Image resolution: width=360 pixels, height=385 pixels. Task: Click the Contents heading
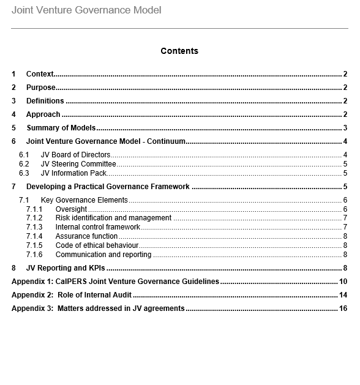(179, 51)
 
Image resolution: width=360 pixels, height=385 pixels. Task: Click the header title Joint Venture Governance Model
(86, 10)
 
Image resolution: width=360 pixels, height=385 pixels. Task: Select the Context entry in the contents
(40, 74)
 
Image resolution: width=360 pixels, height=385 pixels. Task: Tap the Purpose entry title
(40, 88)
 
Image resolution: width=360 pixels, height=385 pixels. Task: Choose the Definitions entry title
(45, 101)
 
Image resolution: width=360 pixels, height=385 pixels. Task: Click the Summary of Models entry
(61, 128)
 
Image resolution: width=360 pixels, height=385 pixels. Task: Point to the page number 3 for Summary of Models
(345, 128)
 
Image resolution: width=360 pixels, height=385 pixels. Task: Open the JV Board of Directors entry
(75, 155)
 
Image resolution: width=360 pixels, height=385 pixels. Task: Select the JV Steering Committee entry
(78, 164)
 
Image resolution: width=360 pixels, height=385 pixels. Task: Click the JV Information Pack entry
(73, 173)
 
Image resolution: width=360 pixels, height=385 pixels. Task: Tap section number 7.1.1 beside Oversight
(34, 209)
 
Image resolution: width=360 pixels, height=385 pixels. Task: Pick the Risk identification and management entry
(113, 218)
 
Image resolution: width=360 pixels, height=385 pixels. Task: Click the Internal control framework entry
(97, 227)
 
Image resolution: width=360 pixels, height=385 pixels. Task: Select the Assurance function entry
(86, 236)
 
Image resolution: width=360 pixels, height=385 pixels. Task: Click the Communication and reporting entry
(103, 255)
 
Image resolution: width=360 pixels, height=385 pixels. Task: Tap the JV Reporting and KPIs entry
(66, 267)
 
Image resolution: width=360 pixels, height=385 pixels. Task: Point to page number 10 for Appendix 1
(343, 282)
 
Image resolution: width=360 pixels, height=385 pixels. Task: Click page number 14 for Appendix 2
(343, 295)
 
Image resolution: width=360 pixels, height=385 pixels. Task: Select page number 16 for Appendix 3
(343, 308)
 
